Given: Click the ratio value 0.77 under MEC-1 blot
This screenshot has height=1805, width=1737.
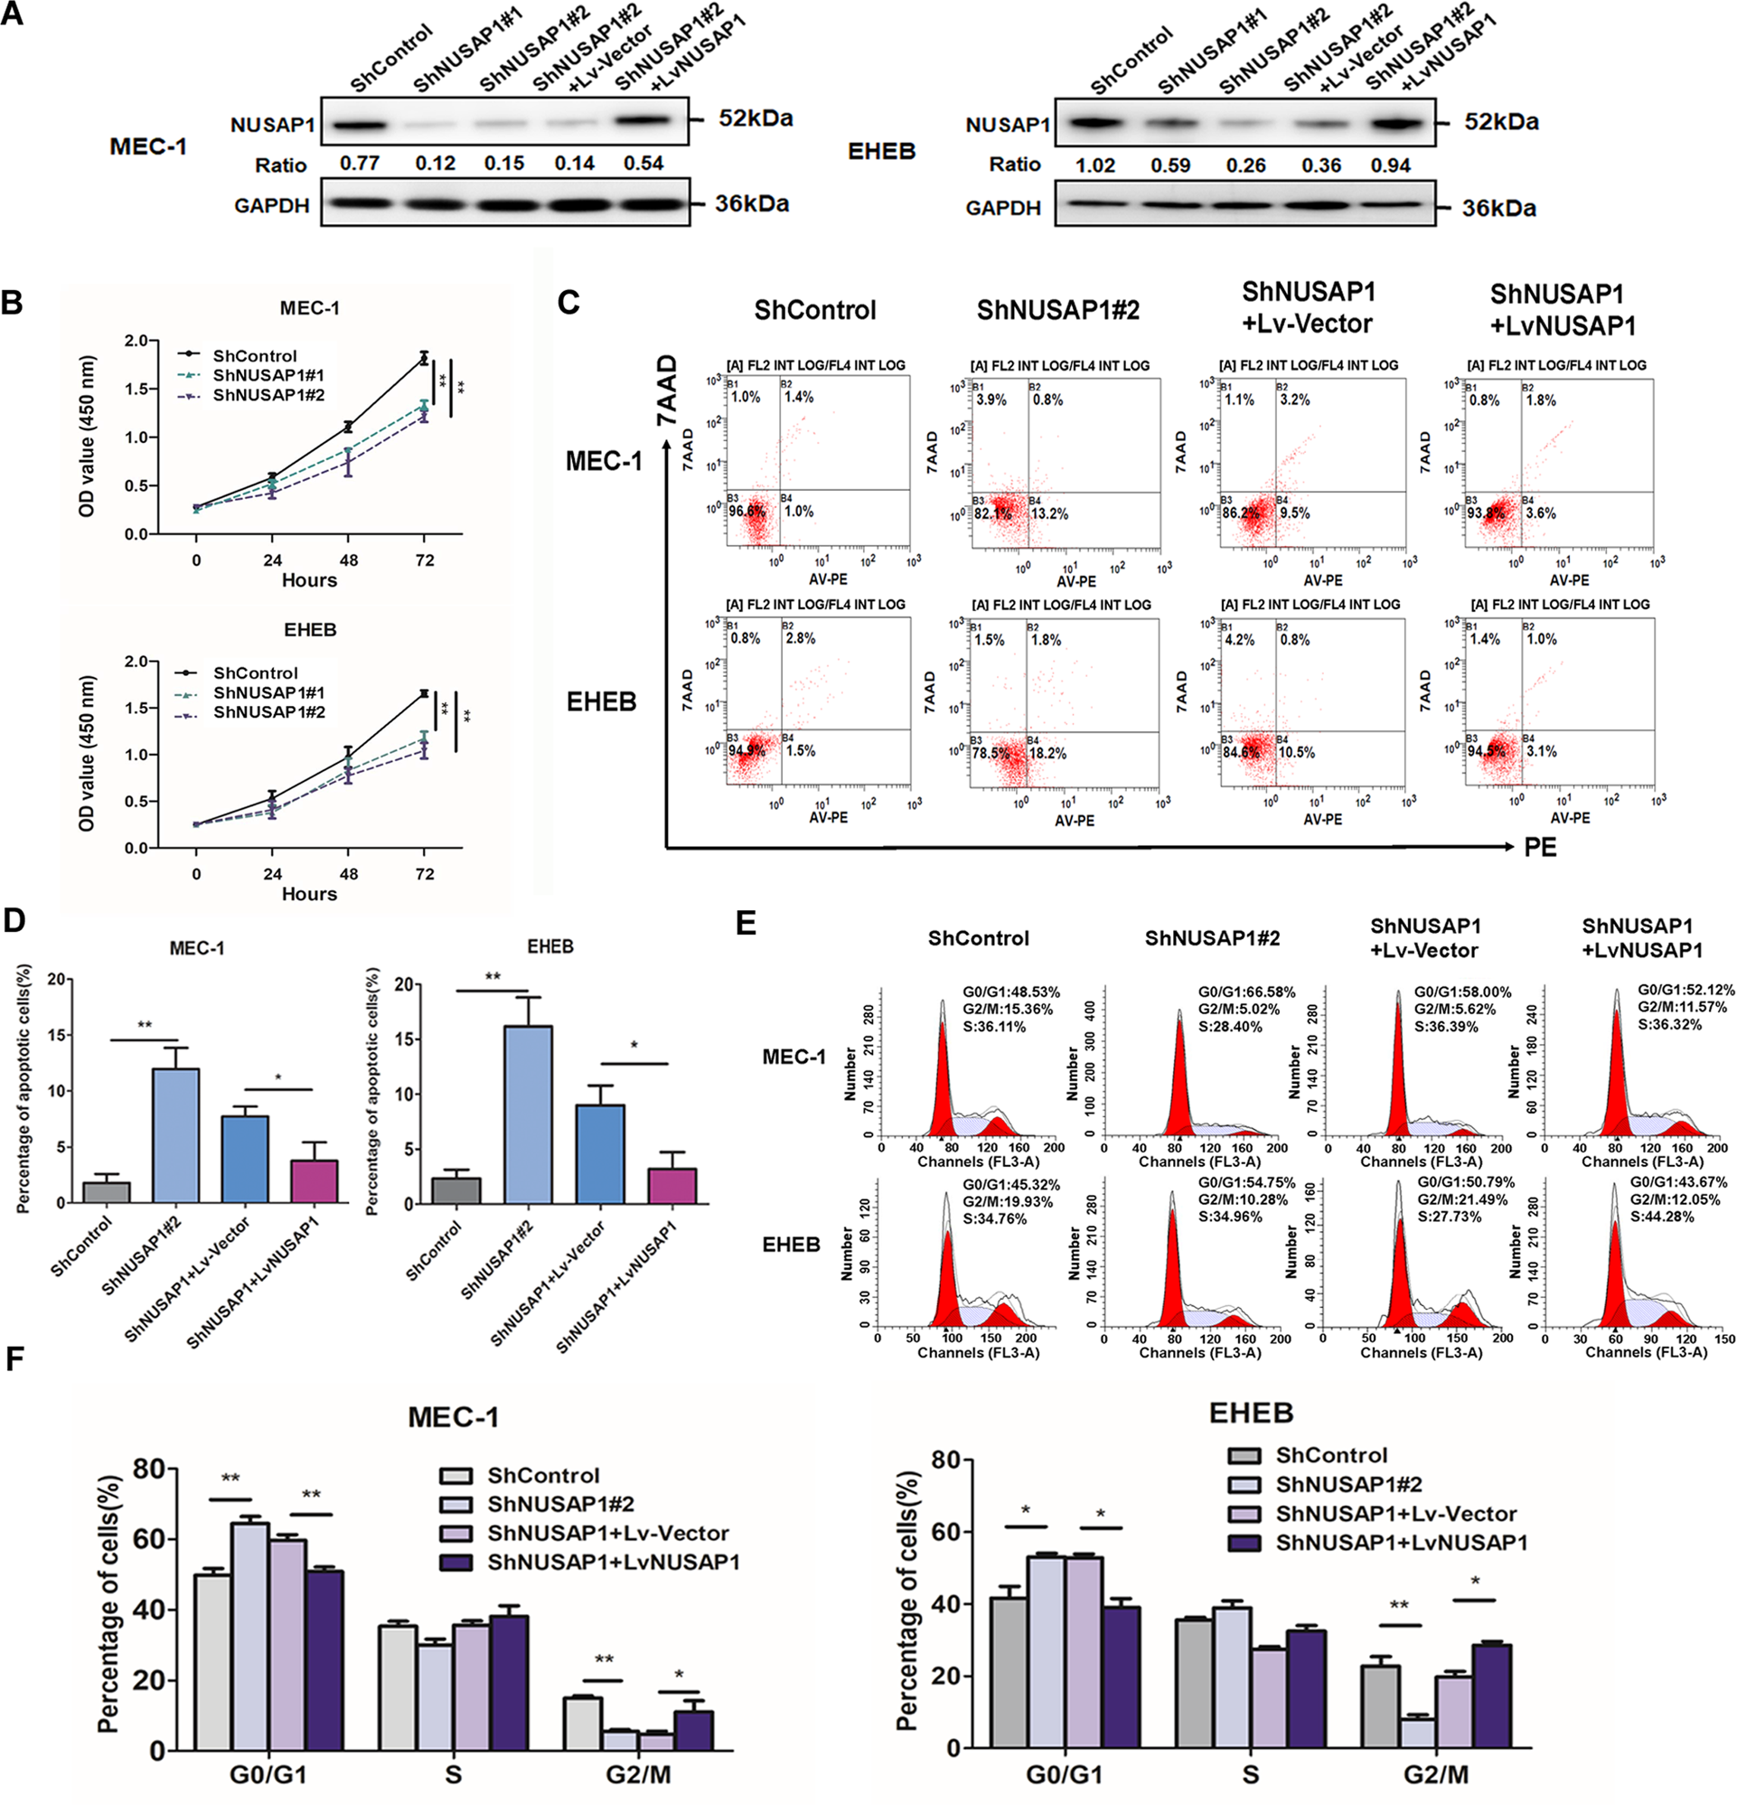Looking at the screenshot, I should tap(359, 164).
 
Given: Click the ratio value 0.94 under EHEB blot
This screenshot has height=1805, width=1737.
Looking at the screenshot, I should tap(1390, 165).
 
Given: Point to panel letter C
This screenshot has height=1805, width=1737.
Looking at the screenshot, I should tap(569, 302).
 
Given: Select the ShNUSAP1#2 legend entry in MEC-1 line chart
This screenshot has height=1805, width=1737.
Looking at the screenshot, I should tap(268, 395).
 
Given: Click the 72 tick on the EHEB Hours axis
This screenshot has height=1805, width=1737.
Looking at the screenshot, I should tap(424, 874).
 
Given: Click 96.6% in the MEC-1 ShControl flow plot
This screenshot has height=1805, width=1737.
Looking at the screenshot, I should tap(746, 511).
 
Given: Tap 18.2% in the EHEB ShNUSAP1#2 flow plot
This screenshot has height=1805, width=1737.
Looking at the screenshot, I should tap(1047, 753).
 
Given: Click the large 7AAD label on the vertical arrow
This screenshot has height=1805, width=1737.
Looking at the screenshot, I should tap(666, 390).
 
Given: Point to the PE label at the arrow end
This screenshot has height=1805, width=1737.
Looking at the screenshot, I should tap(1540, 847).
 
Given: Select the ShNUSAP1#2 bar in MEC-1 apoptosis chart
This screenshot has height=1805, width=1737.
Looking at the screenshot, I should tap(175, 1134).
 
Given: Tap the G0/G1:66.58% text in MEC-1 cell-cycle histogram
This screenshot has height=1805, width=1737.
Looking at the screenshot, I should tap(1246, 992).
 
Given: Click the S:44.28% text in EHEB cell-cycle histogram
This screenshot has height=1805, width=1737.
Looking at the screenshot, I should tap(1661, 1217).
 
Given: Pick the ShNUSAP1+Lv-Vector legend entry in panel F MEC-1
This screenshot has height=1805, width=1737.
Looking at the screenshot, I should tap(608, 1533).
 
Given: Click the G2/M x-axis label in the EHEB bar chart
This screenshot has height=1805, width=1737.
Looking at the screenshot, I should tap(1436, 1774).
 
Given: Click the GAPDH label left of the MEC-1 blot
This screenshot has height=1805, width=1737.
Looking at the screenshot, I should tap(271, 205).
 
